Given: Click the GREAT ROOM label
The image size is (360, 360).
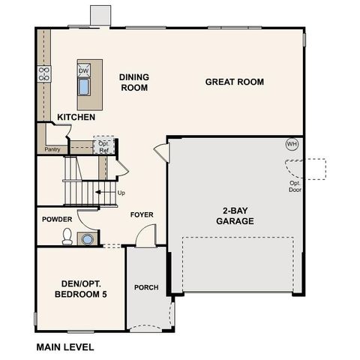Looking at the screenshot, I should pyautogui.click(x=235, y=82).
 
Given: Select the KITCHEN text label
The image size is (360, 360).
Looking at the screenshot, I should pyautogui.click(x=76, y=118).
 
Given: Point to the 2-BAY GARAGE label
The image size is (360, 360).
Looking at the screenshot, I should pyautogui.click(x=235, y=215).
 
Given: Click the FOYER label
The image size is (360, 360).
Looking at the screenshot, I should pyautogui.click(x=142, y=214).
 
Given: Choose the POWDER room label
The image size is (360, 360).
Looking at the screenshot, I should pyautogui.click(x=57, y=219).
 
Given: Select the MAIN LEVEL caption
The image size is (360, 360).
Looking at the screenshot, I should pyautogui.click(x=64, y=347).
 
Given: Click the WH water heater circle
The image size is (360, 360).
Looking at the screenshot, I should pyautogui.click(x=292, y=144).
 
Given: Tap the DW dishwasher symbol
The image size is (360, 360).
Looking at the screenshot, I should pyautogui.click(x=83, y=70).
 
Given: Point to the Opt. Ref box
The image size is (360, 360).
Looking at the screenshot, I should pyautogui.click(x=103, y=147).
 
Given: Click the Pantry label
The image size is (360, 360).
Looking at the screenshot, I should pyautogui.click(x=52, y=149).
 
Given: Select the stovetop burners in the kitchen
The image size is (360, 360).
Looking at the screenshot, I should pyautogui.click(x=44, y=73).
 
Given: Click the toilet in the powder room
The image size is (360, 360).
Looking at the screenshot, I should pyautogui.click(x=67, y=238).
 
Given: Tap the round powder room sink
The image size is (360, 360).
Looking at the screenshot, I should pyautogui.click(x=88, y=239).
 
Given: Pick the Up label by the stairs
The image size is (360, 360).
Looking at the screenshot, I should pyautogui.click(x=121, y=193).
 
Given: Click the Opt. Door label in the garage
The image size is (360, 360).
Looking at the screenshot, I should pyautogui.click(x=295, y=186).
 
